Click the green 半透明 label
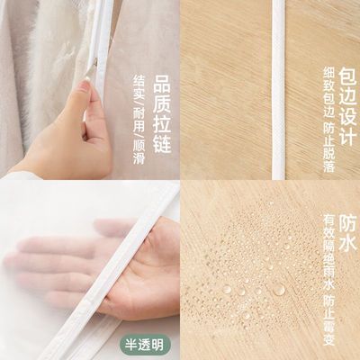[x=143, y=342]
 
